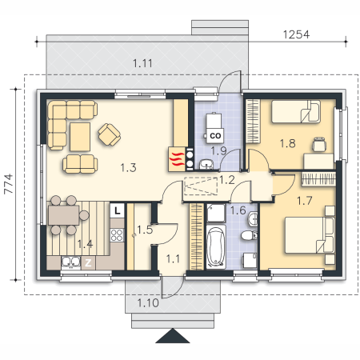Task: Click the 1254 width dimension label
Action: pyautogui.click(x=296, y=34)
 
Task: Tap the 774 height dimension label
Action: pyautogui.click(x=9, y=184)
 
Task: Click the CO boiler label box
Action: pyautogui.click(x=215, y=136)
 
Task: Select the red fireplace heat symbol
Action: pyautogui.click(x=177, y=159)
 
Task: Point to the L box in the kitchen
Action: pyautogui.click(x=117, y=210)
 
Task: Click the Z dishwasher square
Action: pyautogui.click(x=88, y=263)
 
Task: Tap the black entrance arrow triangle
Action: pyautogui.click(x=173, y=335)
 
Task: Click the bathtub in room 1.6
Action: pyautogui.click(x=216, y=246)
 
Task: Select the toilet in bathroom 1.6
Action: pyautogui.click(x=249, y=235)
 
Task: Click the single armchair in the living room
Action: pyautogui.click(x=110, y=134)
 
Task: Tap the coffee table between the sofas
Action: pyautogui.click(x=80, y=137)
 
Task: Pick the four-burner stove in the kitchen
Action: pyautogui.click(x=117, y=235)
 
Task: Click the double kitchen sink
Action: pyautogui.click(x=71, y=262)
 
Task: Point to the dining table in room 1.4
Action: pyautogui.click(x=64, y=215)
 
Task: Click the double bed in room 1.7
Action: pyautogui.click(x=310, y=235)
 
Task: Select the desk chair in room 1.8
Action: pyautogui.click(x=319, y=144)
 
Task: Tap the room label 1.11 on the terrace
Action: pyautogui.click(x=142, y=63)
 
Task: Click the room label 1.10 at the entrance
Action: pyautogui.click(x=148, y=302)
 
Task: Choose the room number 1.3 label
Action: pyautogui.click(x=128, y=168)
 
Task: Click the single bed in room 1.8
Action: pyautogui.click(x=296, y=111)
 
